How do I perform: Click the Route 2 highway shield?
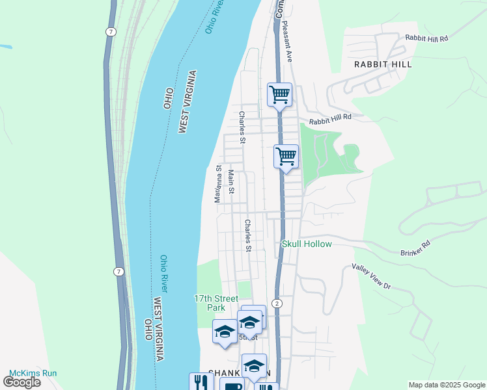[x=278, y=304]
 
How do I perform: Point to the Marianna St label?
[x=219, y=183]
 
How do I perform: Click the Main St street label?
[x=231, y=182]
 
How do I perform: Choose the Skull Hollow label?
[x=307, y=244]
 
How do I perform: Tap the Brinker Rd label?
[x=416, y=248]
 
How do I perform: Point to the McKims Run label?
[x=33, y=373]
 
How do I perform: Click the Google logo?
[x=21, y=382]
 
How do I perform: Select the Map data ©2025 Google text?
[x=446, y=385]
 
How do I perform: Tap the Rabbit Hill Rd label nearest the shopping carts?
[x=330, y=118]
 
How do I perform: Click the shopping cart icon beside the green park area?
[x=286, y=157]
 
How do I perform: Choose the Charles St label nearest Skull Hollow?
[x=248, y=235]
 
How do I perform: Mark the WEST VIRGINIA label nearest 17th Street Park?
[x=160, y=329]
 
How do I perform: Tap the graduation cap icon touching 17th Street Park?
[x=225, y=331]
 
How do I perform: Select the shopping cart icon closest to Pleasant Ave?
[x=280, y=95]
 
